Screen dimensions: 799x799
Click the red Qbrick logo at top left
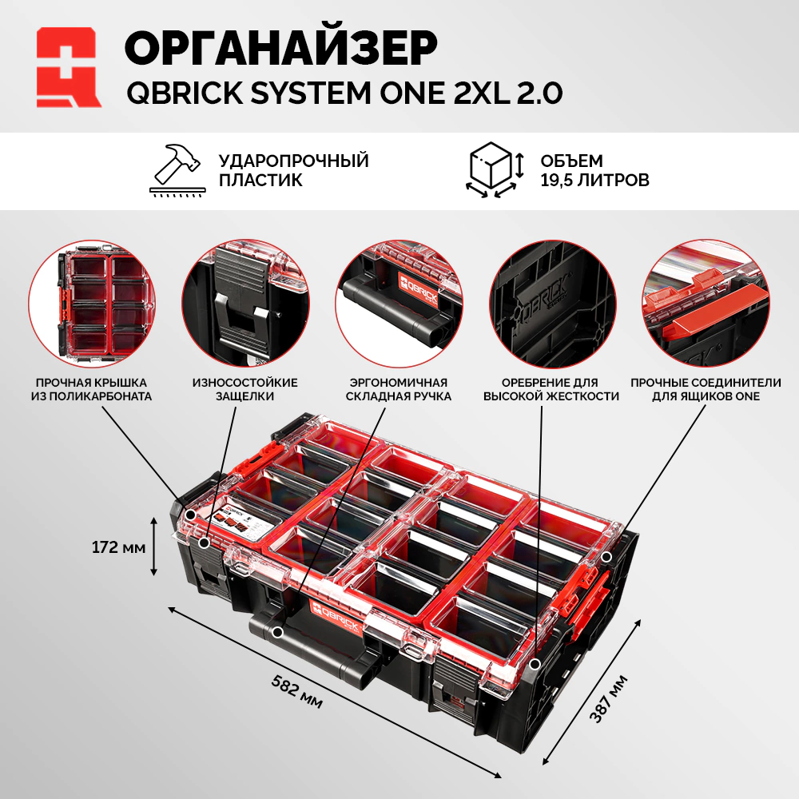pos(69,67)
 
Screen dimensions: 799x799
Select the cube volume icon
pos(495,169)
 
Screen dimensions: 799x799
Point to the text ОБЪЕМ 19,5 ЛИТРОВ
pos(594,170)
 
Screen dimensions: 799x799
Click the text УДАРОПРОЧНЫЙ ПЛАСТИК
pos(293,170)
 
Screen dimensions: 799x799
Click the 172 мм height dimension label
pos(118,547)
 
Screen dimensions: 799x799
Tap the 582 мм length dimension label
pos(296,691)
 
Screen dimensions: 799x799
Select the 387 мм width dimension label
pos(608,698)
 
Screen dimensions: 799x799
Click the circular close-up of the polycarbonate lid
pos(92,304)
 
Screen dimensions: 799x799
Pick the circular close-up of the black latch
pos(245,304)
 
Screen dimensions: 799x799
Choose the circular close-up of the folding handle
pos(399,304)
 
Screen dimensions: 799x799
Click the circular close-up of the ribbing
pos(553,304)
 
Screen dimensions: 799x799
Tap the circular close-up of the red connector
pos(706,304)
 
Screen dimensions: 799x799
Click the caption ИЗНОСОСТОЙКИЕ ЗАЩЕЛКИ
pos(245,389)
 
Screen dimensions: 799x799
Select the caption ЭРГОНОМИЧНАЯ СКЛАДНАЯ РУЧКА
pos(399,389)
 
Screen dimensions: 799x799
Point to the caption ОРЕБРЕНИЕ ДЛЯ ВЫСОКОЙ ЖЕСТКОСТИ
pos(551,389)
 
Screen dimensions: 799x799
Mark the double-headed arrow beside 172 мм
pos(154,546)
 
